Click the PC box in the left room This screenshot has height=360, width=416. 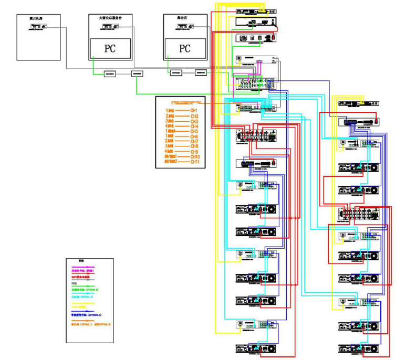[x=110, y=49]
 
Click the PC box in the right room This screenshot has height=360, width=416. [x=185, y=49]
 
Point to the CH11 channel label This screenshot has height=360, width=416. [x=195, y=162]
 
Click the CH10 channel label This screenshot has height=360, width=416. [x=195, y=157]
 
